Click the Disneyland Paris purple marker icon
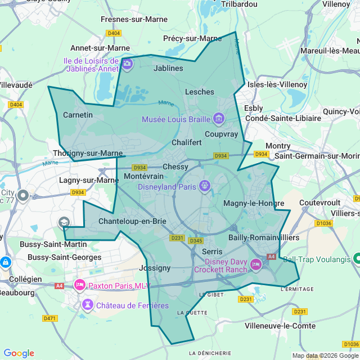click(205, 185)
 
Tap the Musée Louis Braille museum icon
click(219, 119)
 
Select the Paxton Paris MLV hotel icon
click(79, 285)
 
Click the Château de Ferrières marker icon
click(88, 305)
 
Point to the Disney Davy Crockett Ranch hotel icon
click(256, 264)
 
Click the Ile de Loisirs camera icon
click(127, 64)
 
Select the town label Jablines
click(168, 68)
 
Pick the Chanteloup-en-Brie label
click(132, 221)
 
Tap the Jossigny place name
click(154, 268)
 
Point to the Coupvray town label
click(222, 134)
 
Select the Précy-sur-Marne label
click(192, 38)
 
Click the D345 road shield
click(196, 241)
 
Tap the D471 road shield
click(49, 318)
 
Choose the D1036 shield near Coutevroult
click(323, 223)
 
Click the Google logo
click(19, 353)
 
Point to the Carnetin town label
click(78, 115)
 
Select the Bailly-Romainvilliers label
click(263, 237)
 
